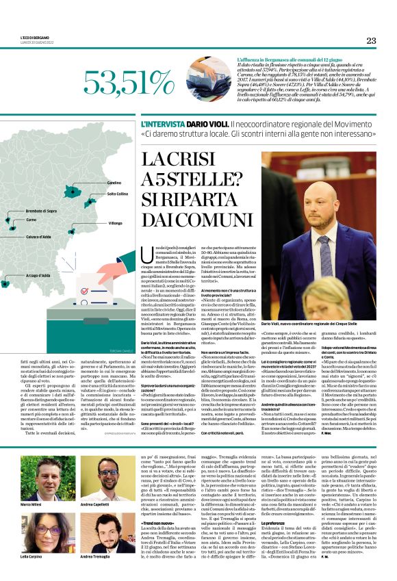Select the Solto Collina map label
[x=118, y=194]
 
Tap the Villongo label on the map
[x=115, y=223]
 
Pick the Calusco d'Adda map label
[x=40, y=237]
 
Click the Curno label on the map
[x=31, y=220]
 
